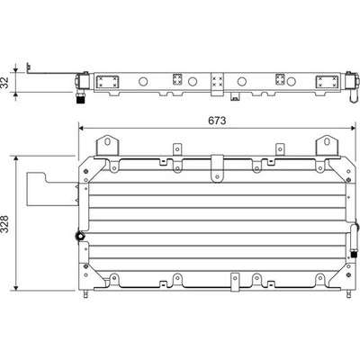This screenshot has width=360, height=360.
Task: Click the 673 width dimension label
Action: tap(217, 121)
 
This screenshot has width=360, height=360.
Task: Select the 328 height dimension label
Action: tap(5, 224)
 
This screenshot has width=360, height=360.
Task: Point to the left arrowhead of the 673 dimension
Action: tap(80, 128)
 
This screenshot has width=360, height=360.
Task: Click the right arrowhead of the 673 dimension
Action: tap(353, 128)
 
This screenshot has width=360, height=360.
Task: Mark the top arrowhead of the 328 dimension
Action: tap(16, 158)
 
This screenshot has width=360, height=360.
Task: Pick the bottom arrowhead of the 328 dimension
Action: tap(16, 288)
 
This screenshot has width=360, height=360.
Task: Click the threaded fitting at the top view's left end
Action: tap(80, 98)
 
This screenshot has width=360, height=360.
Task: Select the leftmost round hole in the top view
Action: tap(143, 81)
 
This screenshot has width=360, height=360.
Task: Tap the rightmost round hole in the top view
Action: tap(291, 81)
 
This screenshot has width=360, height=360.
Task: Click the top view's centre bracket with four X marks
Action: tap(218, 85)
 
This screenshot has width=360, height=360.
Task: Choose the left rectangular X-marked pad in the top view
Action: tap(107, 82)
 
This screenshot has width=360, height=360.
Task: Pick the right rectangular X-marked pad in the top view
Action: tap(327, 82)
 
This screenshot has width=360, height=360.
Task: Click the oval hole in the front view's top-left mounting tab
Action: tap(107, 141)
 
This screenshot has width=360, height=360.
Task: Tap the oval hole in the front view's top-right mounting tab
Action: tap(327, 141)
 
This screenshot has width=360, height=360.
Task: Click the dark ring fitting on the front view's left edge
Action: tap(80, 236)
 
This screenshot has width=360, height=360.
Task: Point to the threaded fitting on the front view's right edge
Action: tap(354, 255)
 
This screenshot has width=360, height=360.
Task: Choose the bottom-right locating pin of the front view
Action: tap(348, 294)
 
